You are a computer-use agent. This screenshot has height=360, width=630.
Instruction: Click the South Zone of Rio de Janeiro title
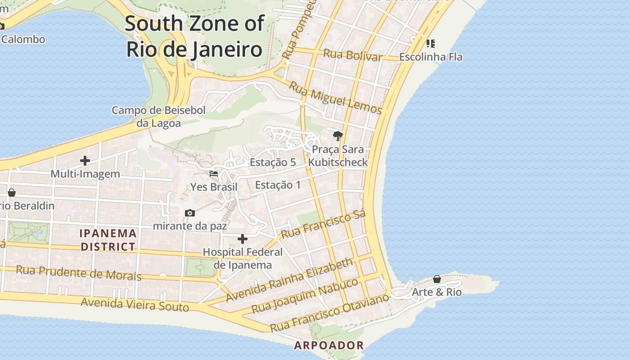[x=194, y=36]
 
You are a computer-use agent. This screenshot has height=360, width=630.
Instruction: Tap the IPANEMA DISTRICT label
[x=108, y=240]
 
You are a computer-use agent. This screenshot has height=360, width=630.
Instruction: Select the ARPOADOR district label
[x=328, y=346]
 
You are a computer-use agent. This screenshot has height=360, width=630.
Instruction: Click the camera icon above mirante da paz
[x=190, y=213]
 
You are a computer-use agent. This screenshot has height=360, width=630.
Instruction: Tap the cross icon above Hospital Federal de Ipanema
[x=243, y=238]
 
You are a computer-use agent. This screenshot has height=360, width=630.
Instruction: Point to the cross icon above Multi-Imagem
[x=85, y=160]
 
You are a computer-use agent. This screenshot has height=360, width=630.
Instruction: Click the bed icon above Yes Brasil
[x=214, y=173]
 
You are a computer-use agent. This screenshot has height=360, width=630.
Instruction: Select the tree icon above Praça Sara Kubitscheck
[x=337, y=135]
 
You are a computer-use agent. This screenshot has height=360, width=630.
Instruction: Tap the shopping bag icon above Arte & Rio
[x=436, y=279]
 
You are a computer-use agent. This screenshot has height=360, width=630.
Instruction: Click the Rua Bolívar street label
[x=352, y=55]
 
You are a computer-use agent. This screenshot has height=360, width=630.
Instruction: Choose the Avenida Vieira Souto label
[x=135, y=304]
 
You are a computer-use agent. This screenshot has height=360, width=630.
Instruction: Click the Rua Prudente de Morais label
[x=79, y=272]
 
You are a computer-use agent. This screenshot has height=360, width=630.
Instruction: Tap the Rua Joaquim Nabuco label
[x=305, y=296]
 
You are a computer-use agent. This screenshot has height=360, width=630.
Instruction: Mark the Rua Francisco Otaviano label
[x=329, y=312]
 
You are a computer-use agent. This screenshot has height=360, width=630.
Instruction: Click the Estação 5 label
[x=273, y=162]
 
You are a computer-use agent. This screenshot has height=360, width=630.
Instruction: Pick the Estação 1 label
[x=278, y=185]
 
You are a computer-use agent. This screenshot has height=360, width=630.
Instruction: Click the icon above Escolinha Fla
[x=430, y=44]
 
